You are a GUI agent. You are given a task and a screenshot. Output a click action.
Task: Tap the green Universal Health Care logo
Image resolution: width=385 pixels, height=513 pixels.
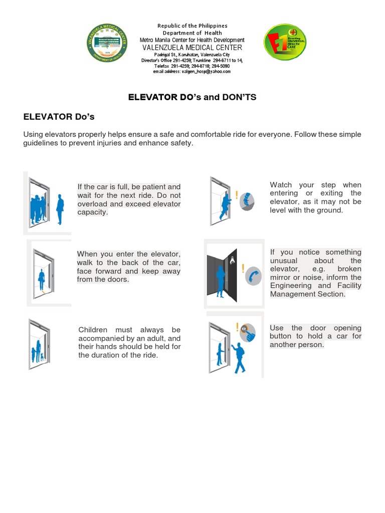[x=285, y=43]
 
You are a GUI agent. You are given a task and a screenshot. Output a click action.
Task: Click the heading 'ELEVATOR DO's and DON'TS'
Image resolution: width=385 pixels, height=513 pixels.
[x=192, y=97]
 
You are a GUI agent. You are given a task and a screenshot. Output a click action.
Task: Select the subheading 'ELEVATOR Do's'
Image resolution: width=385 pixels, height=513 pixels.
[x=59, y=117]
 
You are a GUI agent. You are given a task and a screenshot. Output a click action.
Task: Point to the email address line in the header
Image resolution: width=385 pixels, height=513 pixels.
[x=192, y=72]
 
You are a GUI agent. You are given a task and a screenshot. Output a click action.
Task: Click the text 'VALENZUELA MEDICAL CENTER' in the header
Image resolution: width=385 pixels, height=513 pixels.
[x=192, y=48]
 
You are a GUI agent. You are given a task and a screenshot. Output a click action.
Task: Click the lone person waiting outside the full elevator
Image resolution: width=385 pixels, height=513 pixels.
[x=60, y=209]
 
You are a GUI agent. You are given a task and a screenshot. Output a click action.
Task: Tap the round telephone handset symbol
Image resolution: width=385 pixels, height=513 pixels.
[x=253, y=275]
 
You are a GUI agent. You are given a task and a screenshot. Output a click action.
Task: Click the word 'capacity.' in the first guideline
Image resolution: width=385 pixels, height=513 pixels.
[x=92, y=212]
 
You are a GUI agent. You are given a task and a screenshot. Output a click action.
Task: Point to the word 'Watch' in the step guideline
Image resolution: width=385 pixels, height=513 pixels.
[x=281, y=185]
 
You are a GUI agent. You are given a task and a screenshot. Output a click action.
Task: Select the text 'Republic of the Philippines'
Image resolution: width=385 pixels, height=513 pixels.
[x=192, y=26]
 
